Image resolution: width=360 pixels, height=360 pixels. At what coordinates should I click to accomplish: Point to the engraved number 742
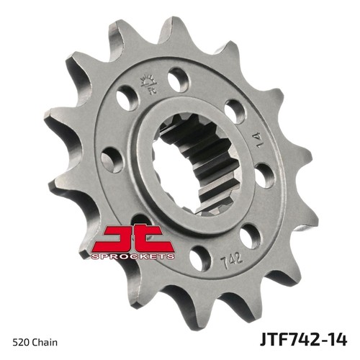click(232, 258)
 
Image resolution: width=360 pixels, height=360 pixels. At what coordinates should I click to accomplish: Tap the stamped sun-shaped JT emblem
click(150, 83)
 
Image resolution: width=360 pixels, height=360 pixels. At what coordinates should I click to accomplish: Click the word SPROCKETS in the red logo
click(132, 256)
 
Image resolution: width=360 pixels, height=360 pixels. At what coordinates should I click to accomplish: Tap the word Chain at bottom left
click(45, 343)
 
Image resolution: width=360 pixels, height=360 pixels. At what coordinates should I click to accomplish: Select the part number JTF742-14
click(304, 340)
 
